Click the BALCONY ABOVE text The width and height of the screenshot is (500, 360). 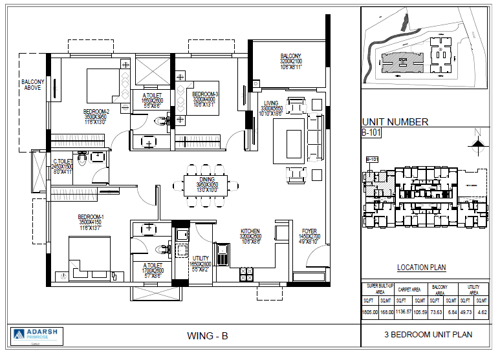pyautogui.click(x=32, y=85)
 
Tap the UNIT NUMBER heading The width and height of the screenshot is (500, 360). pyautogui.click(x=395, y=122)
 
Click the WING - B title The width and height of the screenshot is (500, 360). pyautogui.click(x=207, y=335)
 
